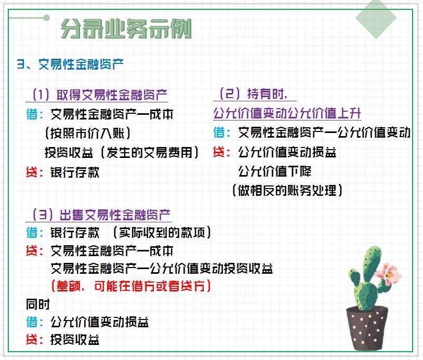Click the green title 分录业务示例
126,29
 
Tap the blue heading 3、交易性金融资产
70,64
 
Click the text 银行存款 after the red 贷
74,172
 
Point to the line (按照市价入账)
87,133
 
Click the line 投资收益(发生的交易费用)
122,152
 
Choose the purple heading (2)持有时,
255,94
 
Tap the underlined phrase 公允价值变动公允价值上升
287,113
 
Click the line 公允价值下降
274,171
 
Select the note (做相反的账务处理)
287,191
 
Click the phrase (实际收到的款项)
162,232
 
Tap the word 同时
38,304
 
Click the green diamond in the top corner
376,19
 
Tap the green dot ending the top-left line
47,18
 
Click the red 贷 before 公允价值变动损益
221,152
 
